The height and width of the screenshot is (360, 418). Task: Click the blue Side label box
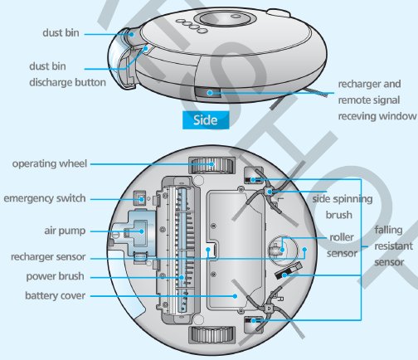pyautogui.click(x=206, y=120)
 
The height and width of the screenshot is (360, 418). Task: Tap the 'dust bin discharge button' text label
pyautogui.click(x=67, y=75)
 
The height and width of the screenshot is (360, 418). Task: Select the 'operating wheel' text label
pyautogui.click(x=50, y=163)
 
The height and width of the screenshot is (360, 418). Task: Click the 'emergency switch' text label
pyautogui.click(x=45, y=198)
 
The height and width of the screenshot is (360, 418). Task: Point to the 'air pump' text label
pyautogui.click(x=65, y=231)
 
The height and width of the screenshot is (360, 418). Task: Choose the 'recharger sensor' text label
pyautogui.click(x=48, y=257)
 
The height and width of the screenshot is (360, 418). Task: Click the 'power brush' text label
pyautogui.click(x=55, y=276)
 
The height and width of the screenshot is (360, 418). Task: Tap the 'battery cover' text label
pyautogui.click(x=55, y=295)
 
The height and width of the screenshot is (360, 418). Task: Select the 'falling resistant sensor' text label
pyautogui.click(x=393, y=246)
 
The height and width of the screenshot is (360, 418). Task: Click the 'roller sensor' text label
pyautogui.click(x=342, y=246)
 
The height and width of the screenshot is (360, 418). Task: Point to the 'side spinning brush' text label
pyautogui.click(x=343, y=207)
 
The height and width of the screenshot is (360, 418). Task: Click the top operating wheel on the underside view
pyautogui.click(x=211, y=165)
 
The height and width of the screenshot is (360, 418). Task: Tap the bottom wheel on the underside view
pyautogui.click(x=211, y=335)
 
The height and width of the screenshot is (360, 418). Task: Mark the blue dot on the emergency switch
pyautogui.click(x=141, y=199)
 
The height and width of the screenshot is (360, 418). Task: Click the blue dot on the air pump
pyautogui.click(x=142, y=231)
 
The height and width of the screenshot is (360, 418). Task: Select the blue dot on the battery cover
pyautogui.click(x=235, y=296)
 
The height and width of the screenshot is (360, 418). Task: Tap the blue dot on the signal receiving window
pyautogui.click(x=210, y=93)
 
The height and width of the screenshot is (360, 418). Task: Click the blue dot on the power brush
pyautogui.click(x=182, y=277)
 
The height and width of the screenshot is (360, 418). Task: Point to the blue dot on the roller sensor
pyautogui.click(x=282, y=250)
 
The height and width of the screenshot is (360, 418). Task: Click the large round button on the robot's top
pyautogui.click(x=226, y=18)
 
